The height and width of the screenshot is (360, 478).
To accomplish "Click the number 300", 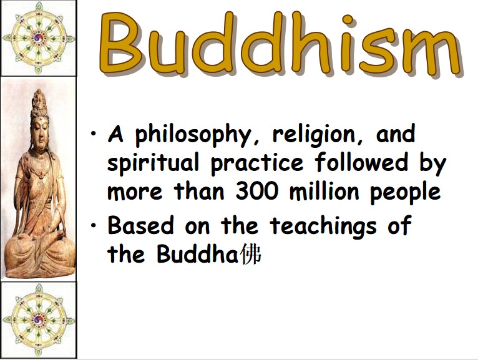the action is point(257,192).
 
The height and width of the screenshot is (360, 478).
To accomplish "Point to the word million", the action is point(324,191).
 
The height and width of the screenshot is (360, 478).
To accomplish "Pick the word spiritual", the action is point(153,163).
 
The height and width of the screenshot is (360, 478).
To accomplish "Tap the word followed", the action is point(361,162).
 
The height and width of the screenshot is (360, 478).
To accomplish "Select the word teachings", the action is point(323,226).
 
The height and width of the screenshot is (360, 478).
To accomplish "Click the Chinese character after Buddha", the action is point(251,254).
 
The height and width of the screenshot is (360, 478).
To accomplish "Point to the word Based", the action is point(140,225).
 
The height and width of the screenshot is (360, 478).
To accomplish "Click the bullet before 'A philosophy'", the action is point(94,134).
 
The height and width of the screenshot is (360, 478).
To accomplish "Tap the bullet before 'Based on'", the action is point(94,225).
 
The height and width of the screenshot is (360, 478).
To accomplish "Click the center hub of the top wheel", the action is point(39,38).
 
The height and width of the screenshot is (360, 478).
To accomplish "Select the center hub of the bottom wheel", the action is point(39,320).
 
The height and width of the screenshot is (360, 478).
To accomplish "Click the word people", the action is point(406,193).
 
